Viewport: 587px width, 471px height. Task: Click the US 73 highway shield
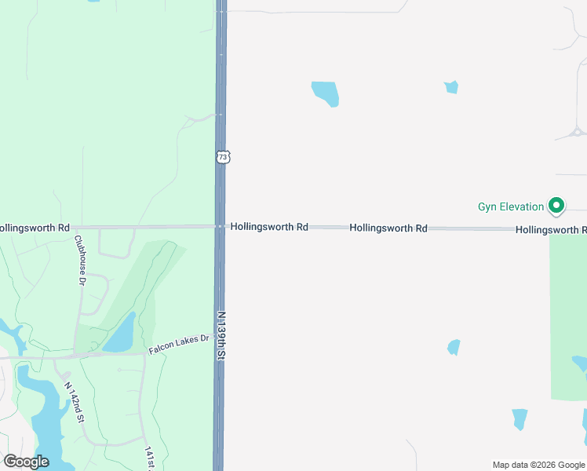tap(224, 157)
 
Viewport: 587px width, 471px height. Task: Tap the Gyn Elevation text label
tap(511, 207)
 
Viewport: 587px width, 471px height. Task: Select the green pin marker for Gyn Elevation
tap(556, 206)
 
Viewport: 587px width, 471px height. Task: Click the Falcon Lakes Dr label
tap(180, 344)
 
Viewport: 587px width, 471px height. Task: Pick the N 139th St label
tap(221, 336)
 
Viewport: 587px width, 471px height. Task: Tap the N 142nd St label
tap(75, 402)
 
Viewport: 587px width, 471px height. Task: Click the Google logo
tap(26, 462)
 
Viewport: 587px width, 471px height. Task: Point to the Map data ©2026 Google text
tap(538, 465)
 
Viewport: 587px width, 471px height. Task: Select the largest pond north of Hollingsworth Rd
tap(326, 93)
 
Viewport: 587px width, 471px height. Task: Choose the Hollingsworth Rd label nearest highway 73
tap(269, 227)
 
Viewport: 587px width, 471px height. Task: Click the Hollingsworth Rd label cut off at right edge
tap(551, 230)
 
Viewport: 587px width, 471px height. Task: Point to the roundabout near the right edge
tap(578, 132)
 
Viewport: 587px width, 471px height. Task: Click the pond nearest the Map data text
tap(520, 418)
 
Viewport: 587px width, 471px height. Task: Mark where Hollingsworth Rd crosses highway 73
tap(221, 227)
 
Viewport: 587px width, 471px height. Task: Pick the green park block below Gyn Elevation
tap(567, 314)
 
